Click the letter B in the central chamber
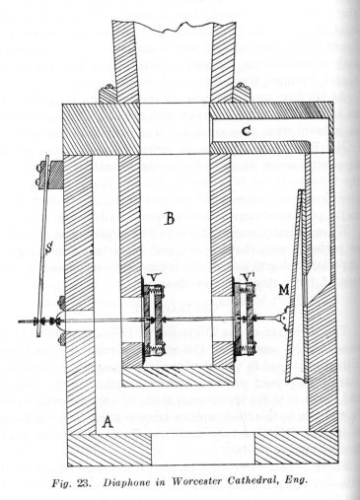coord(170,220)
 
